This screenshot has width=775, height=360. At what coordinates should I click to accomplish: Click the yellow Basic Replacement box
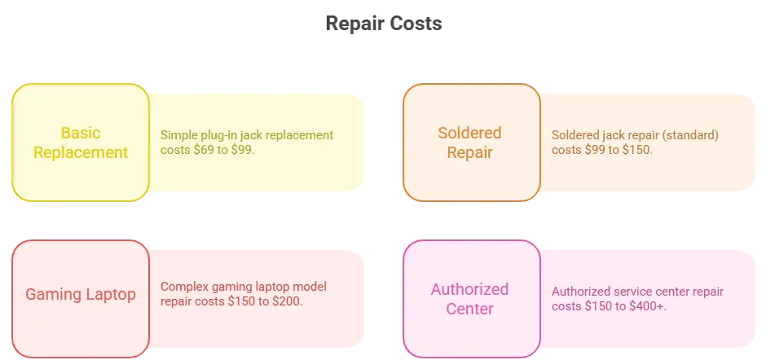point(81,142)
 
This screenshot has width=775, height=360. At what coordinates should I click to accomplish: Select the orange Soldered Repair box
point(471,142)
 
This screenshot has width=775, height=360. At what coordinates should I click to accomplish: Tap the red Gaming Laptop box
point(81,295)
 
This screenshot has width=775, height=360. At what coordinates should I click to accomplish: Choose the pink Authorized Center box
point(471,298)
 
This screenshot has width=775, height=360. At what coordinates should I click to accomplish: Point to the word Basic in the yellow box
point(81,132)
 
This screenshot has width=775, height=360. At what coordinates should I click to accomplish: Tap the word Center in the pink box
point(470,309)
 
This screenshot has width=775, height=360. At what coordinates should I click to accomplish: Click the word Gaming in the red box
point(53,295)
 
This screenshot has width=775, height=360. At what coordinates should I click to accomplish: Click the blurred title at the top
point(384,24)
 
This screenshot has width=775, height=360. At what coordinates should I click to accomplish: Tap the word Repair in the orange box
point(470,152)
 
